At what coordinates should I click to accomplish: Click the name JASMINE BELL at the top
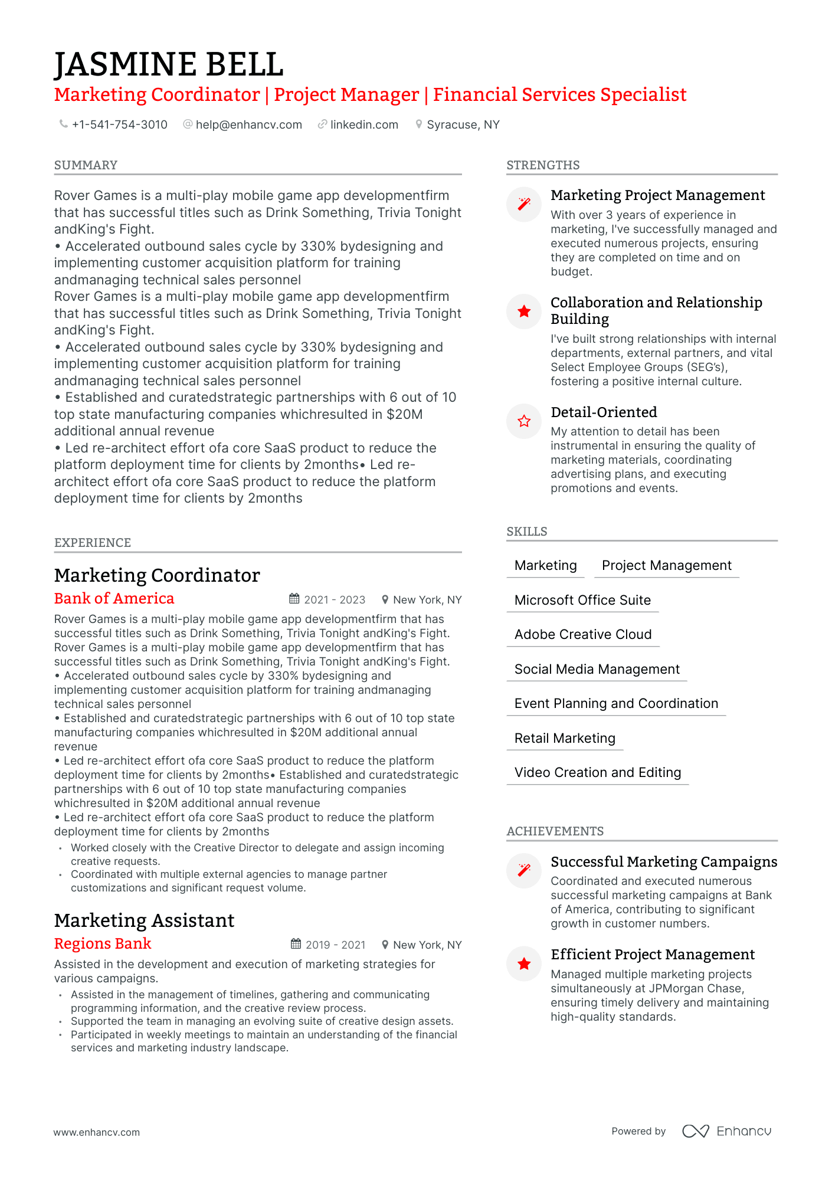pos(169,64)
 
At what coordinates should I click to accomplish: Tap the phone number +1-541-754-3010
pos(119,125)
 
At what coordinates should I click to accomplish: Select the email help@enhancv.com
pos(248,125)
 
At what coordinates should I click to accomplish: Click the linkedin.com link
pos(363,125)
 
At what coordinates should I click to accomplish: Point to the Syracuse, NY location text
pos(463,125)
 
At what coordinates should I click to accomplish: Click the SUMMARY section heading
pos(86,165)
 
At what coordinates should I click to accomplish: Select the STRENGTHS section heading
pos(543,165)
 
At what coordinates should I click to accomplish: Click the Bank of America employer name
pos(114,599)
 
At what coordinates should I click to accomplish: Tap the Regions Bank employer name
pos(103,944)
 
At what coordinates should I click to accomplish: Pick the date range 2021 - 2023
pos(335,600)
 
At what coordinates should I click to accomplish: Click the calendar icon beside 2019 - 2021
pos(296,944)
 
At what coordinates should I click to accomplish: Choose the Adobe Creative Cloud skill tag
pos(582,635)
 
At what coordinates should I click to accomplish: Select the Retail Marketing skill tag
pos(564,739)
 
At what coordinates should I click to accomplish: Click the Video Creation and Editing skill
pos(597,773)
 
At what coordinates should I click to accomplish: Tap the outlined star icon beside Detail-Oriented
pos(524,421)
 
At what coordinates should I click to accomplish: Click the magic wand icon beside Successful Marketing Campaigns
pos(524,870)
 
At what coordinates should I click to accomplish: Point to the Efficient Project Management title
pos(652,955)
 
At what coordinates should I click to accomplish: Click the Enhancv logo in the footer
pos(726,1131)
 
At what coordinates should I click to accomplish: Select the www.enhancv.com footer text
pos(97,1133)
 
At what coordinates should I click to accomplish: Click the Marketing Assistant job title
pos(144,921)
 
